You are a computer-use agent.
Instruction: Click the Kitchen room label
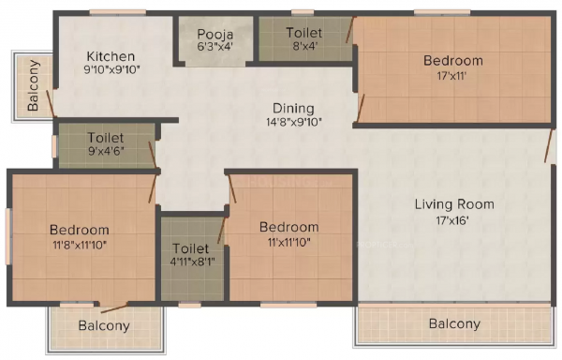[x=111, y=56]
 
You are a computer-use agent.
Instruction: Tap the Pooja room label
[x=215, y=35]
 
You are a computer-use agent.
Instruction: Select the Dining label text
[x=293, y=109]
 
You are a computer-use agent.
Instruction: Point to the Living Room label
[x=454, y=204]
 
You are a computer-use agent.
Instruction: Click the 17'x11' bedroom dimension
[x=452, y=76]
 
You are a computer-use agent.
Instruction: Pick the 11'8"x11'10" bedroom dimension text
[x=80, y=246]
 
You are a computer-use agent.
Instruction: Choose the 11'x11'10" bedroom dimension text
[x=288, y=243]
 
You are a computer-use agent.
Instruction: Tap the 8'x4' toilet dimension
[x=303, y=47]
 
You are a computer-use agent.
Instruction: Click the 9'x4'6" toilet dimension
[x=106, y=151]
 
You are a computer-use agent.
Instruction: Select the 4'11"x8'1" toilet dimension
[x=192, y=262]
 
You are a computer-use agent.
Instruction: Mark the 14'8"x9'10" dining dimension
[x=293, y=122]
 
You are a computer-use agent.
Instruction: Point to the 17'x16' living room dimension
[x=452, y=220]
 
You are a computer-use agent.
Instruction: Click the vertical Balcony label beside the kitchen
[x=34, y=85]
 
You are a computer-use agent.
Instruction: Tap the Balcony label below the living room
[x=454, y=323]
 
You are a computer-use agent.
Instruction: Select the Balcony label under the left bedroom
[x=104, y=326]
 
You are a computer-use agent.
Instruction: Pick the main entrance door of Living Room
[x=549, y=145]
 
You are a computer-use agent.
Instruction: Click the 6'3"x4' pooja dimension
[x=215, y=47]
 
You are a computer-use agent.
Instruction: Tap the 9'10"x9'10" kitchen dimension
[x=111, y=69]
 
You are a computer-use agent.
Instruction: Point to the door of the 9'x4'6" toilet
[x=153, y=155]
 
